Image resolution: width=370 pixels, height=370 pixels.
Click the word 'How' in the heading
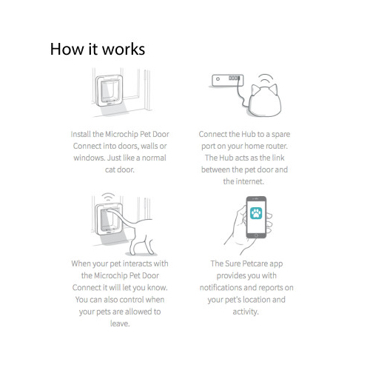tap(67, 49)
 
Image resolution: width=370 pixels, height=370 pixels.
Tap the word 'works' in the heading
tap(124, 49)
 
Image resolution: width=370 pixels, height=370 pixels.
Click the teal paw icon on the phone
tap(256, 213)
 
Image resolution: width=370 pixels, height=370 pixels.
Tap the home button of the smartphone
tap(256, 235)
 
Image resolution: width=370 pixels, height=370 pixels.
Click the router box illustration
tap(228, 80)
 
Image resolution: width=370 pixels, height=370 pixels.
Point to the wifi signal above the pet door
tap(108, 197)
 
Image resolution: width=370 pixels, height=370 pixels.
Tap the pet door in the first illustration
tap(110, 90)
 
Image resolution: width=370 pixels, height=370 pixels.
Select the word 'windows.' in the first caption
tap(90, 158)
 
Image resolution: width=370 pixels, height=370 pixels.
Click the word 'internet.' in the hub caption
tap(250, 181)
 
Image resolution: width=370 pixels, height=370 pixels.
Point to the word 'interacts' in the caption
tap(137, 263)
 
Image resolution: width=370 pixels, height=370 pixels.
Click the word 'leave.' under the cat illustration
tap(120, 323)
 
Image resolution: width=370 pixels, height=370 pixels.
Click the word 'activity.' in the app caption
tap(246, 312)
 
